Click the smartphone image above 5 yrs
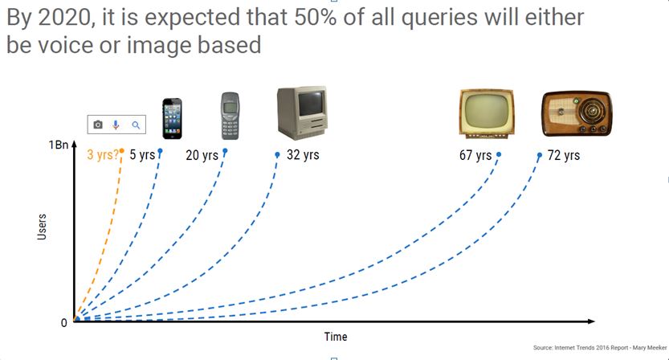172,120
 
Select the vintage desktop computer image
301,114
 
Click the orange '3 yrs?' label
102,155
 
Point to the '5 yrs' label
141,155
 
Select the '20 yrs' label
202,155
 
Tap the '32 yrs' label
303,154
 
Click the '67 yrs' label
475,155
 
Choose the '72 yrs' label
563,155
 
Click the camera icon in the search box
98,125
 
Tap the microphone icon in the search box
116,125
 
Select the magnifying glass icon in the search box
136,125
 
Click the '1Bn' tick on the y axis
58,145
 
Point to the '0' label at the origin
64,323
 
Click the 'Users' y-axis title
43,227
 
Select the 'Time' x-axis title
336,336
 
